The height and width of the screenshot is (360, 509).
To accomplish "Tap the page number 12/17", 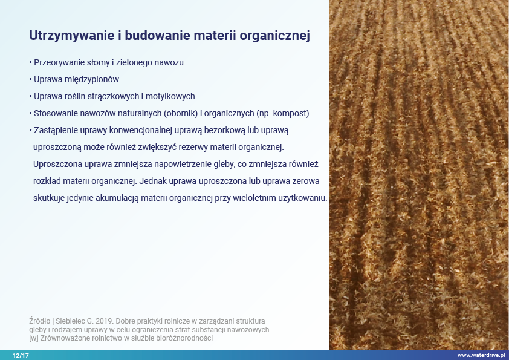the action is (21, 355).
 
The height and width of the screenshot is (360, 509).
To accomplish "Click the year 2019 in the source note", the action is (105, 321).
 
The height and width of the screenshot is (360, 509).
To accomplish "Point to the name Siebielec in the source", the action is (70, 321).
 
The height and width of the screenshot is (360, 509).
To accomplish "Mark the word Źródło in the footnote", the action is (40, 321).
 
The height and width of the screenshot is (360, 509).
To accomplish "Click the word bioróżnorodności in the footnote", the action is (184, 338).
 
